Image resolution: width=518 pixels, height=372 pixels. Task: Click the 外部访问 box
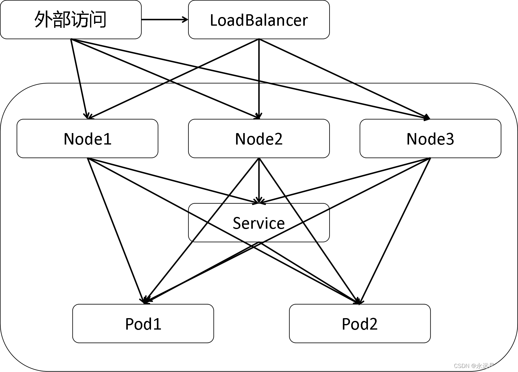71,19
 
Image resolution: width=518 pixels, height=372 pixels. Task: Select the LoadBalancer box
259,19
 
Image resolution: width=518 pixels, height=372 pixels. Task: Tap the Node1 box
87,138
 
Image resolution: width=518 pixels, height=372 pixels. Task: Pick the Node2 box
259,138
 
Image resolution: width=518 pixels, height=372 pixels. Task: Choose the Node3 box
430,138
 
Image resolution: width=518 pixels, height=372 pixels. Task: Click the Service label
259,223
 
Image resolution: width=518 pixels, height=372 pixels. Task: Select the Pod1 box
143,323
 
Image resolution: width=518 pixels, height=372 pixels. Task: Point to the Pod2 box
360,323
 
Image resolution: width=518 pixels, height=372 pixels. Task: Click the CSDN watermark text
483,366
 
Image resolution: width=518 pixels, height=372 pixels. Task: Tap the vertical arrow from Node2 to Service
259,180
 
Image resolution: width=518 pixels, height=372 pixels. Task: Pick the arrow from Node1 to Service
173,181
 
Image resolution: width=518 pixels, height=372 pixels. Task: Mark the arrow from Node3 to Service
343,181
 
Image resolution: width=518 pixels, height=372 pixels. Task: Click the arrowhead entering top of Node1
88,116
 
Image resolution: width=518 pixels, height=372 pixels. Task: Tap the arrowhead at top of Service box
259,201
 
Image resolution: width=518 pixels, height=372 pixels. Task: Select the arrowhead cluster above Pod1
145,300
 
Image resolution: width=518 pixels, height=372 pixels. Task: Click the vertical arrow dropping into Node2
259,99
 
